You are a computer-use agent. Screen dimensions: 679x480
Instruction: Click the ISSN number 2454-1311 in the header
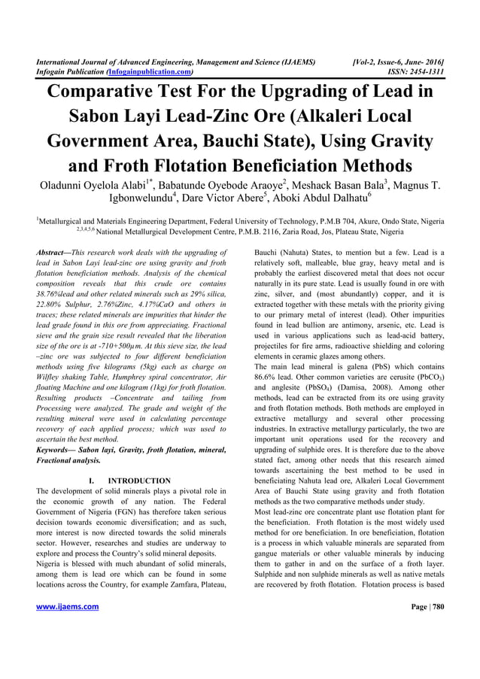tap(425, 72)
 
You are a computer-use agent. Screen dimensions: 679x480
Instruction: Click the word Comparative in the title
tap(116, 94)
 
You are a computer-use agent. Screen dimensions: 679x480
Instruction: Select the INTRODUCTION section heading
tap(139, 480)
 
